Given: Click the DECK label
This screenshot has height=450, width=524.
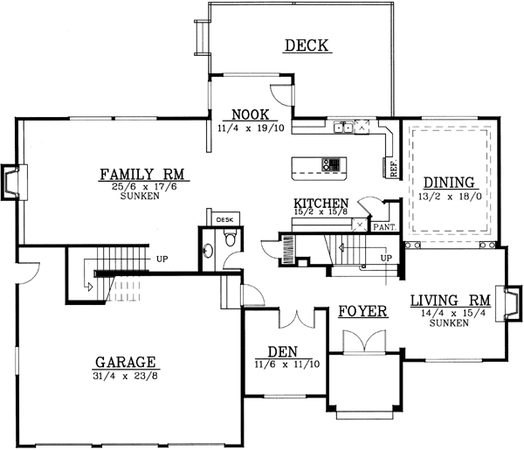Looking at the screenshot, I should [307, 45].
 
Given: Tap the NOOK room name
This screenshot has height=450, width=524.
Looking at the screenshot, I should [250, 114].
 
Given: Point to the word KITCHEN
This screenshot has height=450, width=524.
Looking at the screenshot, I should [321, 203].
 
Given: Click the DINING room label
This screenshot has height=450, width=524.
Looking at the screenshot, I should [449, 183].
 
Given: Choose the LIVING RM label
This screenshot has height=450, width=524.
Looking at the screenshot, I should [450, 301].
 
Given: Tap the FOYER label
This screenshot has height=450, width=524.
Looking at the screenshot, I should [362, 311].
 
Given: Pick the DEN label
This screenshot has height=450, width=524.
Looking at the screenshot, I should [283, 351].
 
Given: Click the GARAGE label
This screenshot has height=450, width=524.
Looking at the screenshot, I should [126, 361].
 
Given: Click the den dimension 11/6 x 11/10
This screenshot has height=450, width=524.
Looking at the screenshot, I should [283, 363].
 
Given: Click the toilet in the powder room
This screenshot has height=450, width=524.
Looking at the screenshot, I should [230, 239].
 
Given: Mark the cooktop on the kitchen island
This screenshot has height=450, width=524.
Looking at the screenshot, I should [332, 163].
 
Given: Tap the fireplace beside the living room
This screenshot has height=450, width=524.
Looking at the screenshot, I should [511, 301].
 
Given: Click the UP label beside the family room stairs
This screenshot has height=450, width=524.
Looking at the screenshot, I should [162, 259].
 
